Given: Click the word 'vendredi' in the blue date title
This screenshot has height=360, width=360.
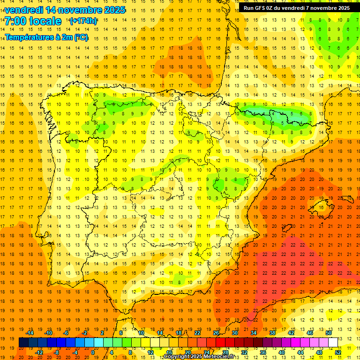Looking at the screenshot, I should tap(23, 10).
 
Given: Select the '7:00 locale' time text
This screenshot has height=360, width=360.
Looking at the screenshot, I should tap(33, 22).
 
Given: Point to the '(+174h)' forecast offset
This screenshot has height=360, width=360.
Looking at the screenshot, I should tap(83, 21).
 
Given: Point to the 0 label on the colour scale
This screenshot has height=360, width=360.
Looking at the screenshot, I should tap(93, 352).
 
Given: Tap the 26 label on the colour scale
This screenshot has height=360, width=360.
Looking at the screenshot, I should tap(216, 333).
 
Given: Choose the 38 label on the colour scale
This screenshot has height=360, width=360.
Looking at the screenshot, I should tap(272, 333).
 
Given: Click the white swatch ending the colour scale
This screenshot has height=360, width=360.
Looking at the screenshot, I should tap(333, 343).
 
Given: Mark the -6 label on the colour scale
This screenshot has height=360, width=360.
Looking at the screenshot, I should tap(66, 333).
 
